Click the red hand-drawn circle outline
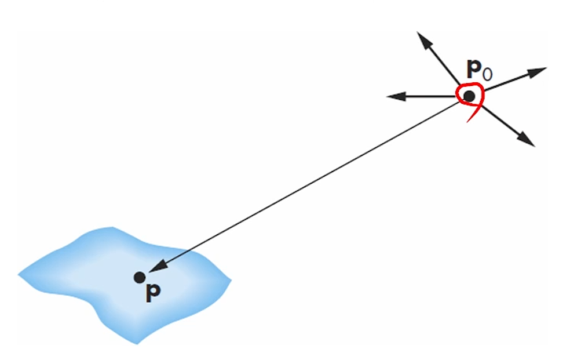pyautogui.click(x=459, y=93)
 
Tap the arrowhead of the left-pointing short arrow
pyautogui.click(x=392, y=96)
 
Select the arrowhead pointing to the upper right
pyautogui.click(x=540, y=71)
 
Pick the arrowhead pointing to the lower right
pyautogui.click(x=528, y=141)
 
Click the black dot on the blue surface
pyautogui.click(x=139, y=278)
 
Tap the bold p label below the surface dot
pyautogui.click(x=152, y=293)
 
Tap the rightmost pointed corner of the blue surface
pyautogui.click(x=230, y=281)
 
